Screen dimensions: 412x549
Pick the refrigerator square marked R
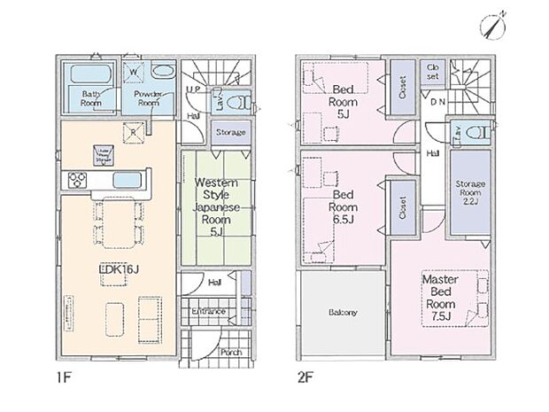[x=133, y=134]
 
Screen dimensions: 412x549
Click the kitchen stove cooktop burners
[x=74, y=181]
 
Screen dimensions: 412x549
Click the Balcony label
[x=342, y=313]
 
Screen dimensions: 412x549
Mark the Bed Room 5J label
[x=344, y=100]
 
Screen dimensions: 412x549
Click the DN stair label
[x=437, y=101]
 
